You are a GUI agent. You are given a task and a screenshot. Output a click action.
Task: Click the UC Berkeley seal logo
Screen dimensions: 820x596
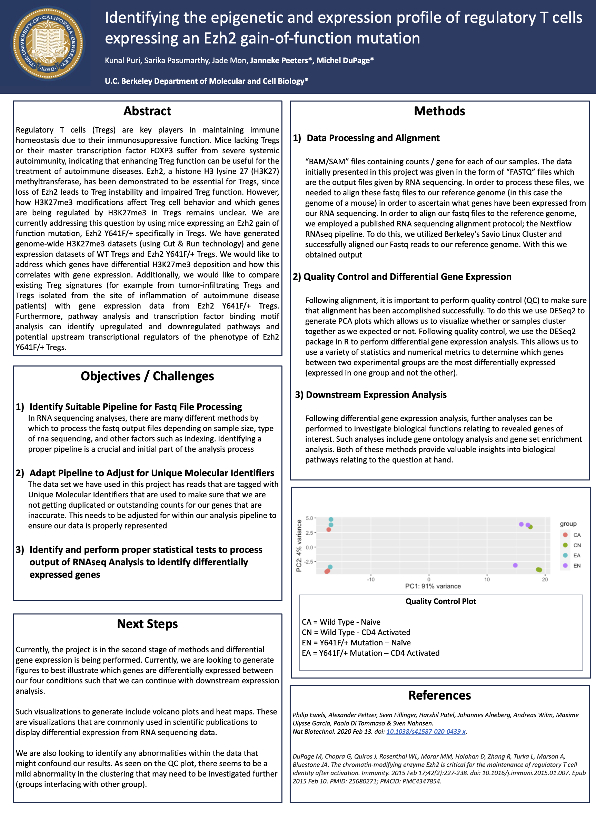point(48,44)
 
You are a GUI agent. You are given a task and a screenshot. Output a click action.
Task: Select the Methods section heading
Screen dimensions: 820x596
point(439,111)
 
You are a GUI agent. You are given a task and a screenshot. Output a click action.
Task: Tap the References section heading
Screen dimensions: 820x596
point(439,695)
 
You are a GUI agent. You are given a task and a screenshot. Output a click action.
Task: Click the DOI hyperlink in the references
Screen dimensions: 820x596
point(426,731)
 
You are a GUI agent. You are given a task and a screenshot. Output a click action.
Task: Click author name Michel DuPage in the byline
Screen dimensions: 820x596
point(345,60)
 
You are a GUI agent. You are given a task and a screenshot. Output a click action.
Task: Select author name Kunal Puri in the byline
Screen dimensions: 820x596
point(122,60)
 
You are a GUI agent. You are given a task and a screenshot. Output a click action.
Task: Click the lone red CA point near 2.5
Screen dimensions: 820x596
point(329,530)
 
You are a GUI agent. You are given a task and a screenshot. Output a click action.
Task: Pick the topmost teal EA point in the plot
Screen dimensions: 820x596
point(331,519)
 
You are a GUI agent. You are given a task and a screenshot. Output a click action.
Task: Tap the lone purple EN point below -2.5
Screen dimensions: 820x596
point(515,565)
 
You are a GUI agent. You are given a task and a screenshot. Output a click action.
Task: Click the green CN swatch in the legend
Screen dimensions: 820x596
point(565,545)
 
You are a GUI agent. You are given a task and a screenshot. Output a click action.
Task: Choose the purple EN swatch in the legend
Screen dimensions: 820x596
point(565,565)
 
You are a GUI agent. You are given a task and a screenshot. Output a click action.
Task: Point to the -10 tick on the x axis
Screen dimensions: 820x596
point(371,579)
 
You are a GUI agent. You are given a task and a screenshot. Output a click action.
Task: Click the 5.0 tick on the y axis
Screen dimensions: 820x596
point(309,518)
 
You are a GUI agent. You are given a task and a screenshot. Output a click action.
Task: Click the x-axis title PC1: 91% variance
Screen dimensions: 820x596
point(433,586)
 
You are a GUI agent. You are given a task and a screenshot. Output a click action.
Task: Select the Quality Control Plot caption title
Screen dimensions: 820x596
point(440,601)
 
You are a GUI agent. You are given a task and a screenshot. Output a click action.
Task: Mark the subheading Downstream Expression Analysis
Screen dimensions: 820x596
point(376,394)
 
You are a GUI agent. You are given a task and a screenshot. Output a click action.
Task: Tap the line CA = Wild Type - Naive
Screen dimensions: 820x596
point(341,622)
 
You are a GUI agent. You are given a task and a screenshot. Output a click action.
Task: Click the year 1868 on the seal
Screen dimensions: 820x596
point(48,69)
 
